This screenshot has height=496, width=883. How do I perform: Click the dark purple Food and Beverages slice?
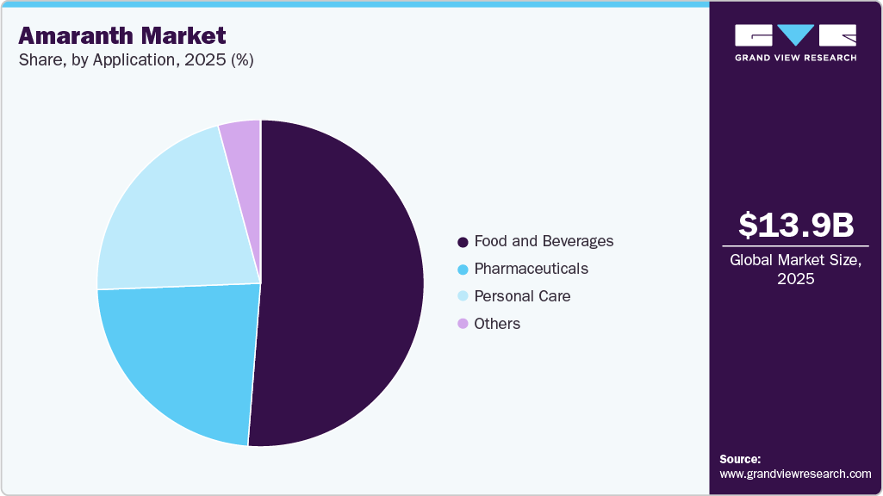pos(345,284)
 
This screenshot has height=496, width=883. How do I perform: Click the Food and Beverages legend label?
pos(544,241)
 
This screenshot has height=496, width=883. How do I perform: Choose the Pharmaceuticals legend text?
pos(531,269)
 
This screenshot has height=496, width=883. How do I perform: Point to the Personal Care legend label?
pos(522,296)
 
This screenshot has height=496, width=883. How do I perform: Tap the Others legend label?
pos(497,324)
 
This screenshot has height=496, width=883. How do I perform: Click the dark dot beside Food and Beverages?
pos(463,242)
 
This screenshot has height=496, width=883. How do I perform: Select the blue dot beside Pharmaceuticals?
pos(463,270)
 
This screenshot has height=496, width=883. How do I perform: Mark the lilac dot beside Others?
pos(463,325)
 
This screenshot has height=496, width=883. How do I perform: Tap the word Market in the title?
pos(185,35)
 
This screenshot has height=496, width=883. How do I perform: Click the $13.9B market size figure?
pos(796,226)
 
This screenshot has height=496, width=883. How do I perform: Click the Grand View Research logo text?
pos(795,58)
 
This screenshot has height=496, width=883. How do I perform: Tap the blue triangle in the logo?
pos(796,34)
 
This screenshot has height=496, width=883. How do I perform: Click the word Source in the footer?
pos(740,459)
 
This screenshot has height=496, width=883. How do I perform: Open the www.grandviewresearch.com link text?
pos(795,474)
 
